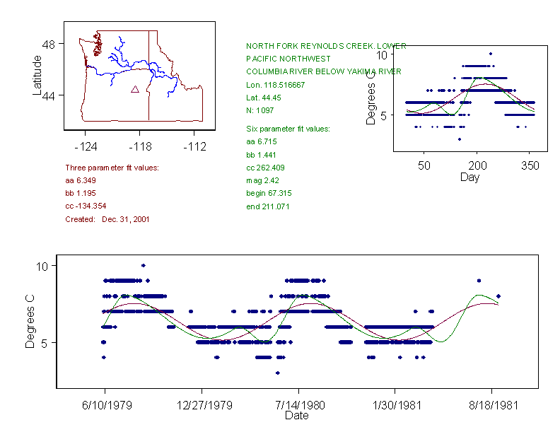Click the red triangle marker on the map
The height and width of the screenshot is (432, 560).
point(134,90)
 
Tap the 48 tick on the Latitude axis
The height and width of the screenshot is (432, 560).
point(49,44)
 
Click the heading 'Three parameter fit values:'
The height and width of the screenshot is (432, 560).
point(112,168)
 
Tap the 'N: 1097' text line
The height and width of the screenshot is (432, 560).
point(260,110)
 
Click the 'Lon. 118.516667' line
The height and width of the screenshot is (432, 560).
point(275,85)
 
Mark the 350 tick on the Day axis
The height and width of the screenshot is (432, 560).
point(530,165)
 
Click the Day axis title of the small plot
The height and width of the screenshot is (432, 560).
point(469,177)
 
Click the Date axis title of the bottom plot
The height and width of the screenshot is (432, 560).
point(296,416)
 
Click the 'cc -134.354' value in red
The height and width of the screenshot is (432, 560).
point(86,206)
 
